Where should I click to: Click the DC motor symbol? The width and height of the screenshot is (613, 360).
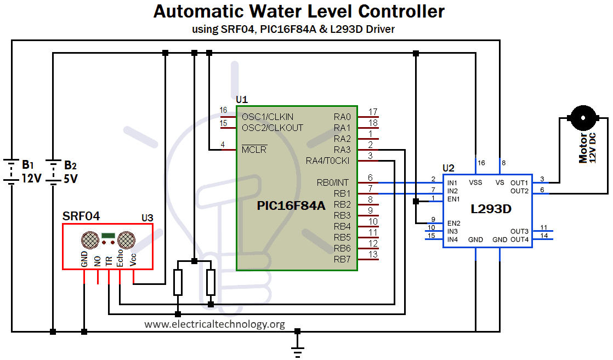coord(583,118)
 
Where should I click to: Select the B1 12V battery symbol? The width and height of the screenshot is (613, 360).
coord(12,171)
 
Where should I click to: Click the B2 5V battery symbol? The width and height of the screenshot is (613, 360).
coord(53,171)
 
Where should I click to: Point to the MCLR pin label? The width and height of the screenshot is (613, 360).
coord(254,150)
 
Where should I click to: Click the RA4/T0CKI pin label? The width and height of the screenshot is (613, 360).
coord(328,161)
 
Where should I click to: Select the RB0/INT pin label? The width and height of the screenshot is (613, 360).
coord(333,182)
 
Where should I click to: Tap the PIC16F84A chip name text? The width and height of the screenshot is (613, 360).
coord(291,205)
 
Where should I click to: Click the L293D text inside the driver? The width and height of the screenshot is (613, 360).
coord(491,209)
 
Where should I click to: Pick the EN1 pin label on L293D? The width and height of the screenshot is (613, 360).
coord(453,199)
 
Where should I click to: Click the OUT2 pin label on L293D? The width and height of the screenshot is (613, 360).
coord(519,191)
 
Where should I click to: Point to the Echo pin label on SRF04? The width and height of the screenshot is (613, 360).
coord(120,259)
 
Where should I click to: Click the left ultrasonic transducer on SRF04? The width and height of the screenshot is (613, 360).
coord(90,240)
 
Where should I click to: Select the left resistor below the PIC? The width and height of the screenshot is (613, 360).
coord(178,282)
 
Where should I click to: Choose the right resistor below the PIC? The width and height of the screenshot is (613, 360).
coord(211,282)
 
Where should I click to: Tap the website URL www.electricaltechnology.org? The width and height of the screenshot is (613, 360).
coord(214,324)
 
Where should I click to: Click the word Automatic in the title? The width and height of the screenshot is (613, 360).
coord(198,12)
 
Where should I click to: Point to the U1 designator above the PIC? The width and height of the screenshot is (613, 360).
coord(242,100)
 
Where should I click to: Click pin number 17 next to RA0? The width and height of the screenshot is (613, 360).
coord(373,112)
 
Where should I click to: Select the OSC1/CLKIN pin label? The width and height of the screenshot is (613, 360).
coord(268,117)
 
